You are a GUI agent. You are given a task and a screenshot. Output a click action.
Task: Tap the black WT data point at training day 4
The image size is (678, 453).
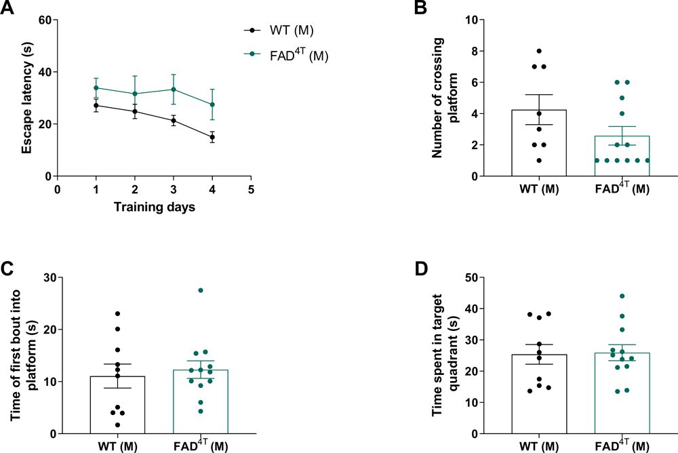point(212,137)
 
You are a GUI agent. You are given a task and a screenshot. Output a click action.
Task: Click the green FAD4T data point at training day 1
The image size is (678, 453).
point(96,87)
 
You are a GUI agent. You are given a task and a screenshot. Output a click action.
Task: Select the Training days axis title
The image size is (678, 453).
point(154,207)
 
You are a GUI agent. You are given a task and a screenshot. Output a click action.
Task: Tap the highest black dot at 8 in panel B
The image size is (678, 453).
point(538,51)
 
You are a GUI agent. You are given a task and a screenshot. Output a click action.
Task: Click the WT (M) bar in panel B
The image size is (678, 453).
point(538,142)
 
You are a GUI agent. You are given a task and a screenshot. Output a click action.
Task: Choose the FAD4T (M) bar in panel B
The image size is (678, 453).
point(621,155)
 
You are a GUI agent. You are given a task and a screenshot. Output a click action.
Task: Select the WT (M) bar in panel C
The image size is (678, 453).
point(117,404)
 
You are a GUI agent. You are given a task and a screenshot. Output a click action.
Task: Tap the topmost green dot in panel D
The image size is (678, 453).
point(621,296)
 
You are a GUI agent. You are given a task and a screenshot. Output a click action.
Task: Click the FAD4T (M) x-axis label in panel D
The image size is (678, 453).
point(621,445)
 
